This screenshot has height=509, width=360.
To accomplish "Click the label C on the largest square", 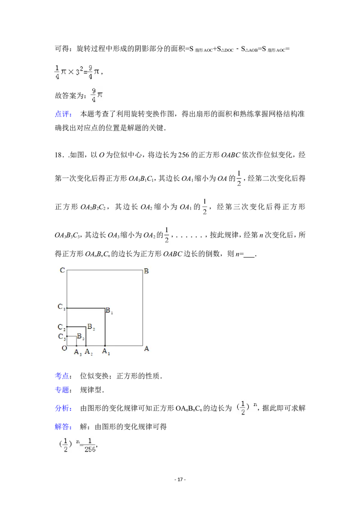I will coord(63,271).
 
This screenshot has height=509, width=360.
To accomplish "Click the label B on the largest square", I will coord(146,271).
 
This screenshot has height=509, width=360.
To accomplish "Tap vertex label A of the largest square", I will coord(146,348).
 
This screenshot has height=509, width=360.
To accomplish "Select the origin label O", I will coord(64,348).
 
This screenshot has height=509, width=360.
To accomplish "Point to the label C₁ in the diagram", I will coord(62,307).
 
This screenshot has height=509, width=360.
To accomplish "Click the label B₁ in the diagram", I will coord(109,311).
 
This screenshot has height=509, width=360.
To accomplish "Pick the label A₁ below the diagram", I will coord(106,352).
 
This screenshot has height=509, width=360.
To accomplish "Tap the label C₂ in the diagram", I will coord(62,327).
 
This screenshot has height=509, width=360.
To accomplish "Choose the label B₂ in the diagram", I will coord(91,327).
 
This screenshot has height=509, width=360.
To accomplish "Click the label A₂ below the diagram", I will coord(89,352).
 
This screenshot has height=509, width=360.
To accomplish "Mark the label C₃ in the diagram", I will coord(62,337).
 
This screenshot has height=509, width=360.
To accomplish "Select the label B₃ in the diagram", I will coord(80,336).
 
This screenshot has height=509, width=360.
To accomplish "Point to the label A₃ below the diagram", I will coord(78,352).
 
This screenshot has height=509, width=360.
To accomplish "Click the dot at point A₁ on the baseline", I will coord(105,346).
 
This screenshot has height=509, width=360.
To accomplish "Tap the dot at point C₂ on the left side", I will coord(67,327).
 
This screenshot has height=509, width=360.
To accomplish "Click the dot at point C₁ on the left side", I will coord(67,308).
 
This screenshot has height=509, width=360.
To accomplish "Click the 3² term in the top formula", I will coord(78,71).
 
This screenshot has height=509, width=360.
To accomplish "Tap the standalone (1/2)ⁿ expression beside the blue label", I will coord(244,408).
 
